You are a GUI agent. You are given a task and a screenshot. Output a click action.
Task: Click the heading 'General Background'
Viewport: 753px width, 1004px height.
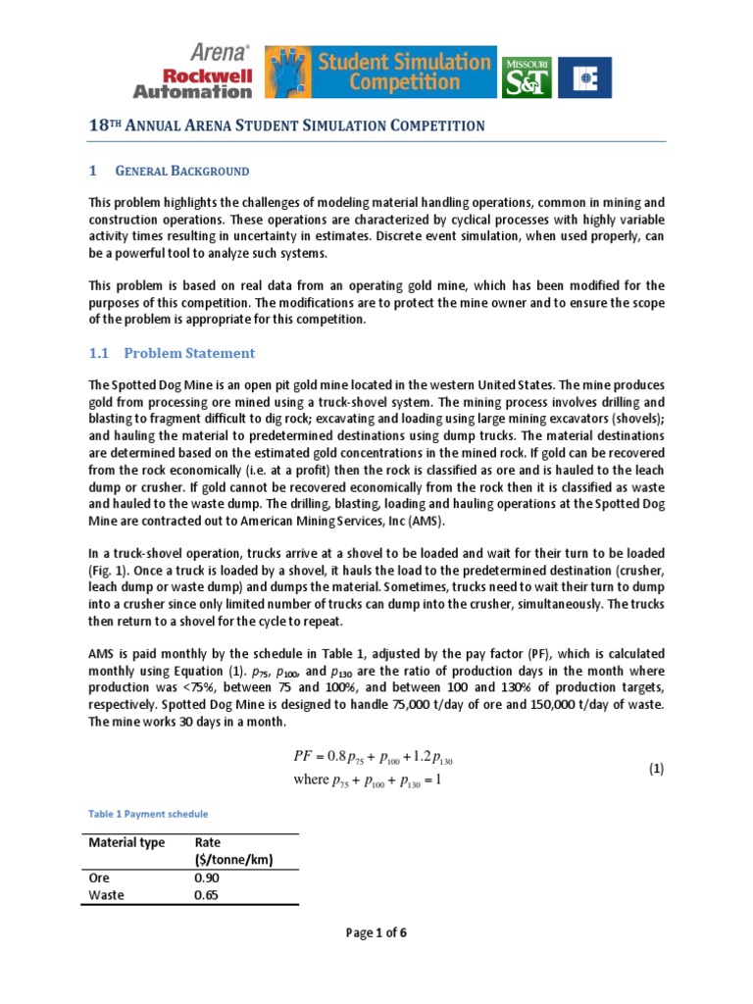coord(182,171)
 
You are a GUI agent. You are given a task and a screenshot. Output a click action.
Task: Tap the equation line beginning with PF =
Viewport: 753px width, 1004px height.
coord(373,758)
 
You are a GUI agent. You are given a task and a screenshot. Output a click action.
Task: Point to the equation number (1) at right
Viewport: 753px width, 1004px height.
coord(656,770)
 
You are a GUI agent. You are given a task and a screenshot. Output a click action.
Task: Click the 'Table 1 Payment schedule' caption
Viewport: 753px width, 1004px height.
coord(148,814)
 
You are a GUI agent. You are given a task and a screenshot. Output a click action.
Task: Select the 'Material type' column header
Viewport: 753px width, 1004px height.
coord(126,843)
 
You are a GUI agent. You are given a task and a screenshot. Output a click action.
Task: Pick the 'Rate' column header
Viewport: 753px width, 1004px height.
coord(208,843)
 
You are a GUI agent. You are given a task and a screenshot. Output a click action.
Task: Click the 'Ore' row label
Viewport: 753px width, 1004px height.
coord(99,878)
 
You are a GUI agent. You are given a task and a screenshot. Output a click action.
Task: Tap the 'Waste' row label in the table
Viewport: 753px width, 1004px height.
coord(107,895)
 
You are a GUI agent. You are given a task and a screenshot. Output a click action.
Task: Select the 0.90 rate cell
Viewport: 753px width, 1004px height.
coord(208,878)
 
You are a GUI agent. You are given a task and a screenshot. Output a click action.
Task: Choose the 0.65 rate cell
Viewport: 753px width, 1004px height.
coord(208,895)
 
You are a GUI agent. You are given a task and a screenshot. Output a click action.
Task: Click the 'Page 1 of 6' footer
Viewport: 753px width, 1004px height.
coord(376,932)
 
